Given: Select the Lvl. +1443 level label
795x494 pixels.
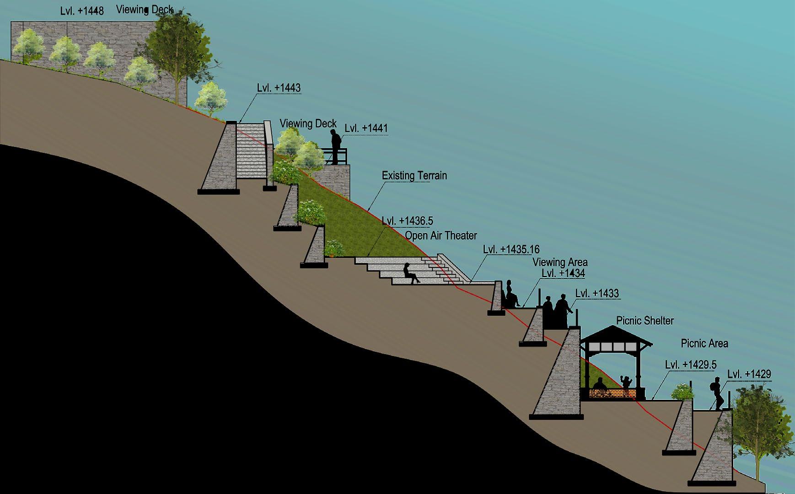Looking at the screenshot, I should coord(279,88).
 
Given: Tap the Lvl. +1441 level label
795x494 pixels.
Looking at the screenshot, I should coord(366,129).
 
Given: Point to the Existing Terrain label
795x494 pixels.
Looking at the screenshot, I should coord(414,176).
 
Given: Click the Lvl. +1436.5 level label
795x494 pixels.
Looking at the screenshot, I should coord(407,221).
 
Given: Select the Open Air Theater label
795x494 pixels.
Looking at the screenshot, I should coord(441,236).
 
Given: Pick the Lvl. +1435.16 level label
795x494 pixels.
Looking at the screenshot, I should coord(511,250).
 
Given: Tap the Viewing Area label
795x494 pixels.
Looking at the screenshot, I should coord(560,262).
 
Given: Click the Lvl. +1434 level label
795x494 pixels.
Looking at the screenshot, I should coord(563,274).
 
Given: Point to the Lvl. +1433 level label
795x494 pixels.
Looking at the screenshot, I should coord(597,294).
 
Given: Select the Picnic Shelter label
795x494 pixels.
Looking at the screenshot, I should coord(645,321).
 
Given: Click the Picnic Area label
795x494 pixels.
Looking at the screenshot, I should coord(704,343).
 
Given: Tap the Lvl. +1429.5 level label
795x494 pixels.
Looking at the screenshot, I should coord(691,365).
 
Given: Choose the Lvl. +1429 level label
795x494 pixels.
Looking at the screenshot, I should coord(749,374).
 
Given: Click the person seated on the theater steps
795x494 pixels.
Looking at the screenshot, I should coord(410,274).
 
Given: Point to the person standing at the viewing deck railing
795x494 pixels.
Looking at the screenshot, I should coord(336,146).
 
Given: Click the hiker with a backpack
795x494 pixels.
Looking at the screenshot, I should coord(717,393).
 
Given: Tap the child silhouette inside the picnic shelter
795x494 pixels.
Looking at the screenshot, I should coord(625,382).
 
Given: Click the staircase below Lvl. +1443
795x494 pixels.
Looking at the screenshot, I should coord(250,151).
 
